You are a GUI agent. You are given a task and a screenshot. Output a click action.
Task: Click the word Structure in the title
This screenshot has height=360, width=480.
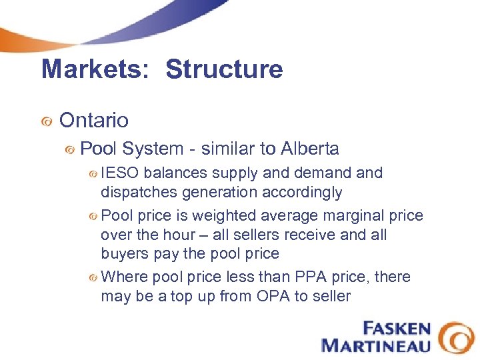tap(224, 69)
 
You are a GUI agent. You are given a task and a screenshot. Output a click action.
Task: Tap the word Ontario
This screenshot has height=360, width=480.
tap(94, 121)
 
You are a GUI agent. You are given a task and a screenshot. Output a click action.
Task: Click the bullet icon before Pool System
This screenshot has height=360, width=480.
tap(69, 150)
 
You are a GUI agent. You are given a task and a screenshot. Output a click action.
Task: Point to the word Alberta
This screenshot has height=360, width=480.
tap(310, 149)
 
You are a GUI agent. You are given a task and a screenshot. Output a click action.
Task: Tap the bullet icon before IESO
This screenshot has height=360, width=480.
tap(94, 173)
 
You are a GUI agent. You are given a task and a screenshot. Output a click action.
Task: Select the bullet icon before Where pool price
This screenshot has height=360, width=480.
tap(94, 277)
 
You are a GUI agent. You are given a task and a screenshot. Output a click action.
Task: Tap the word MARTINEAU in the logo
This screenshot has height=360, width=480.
tap(376, 345)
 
